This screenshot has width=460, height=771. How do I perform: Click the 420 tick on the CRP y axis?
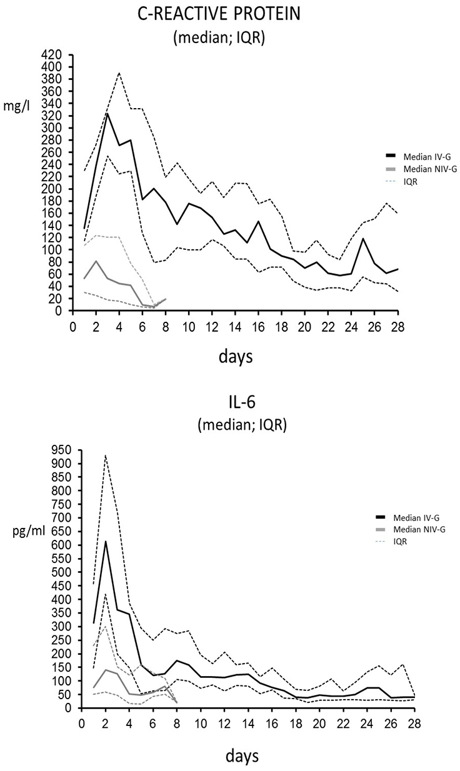pos(52,54)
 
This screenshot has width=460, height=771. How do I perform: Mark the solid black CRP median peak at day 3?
pos(107,113)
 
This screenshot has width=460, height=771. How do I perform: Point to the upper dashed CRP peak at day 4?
pos(119,72)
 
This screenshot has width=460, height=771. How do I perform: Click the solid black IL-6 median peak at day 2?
pos(106,541)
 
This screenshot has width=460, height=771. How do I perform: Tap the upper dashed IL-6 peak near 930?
pos(106,455)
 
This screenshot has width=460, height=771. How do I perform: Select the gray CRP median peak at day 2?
pos(96,261)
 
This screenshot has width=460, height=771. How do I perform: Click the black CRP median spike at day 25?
pos(363,238)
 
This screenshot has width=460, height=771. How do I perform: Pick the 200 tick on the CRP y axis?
pos(52,189)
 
